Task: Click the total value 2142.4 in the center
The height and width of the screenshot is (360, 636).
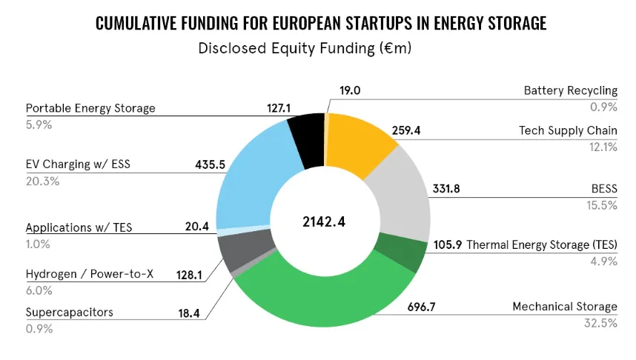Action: (x=323, y=221)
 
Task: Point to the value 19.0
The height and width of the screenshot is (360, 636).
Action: (x=351, y=90)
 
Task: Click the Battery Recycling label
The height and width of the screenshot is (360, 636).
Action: (x=570, y=90)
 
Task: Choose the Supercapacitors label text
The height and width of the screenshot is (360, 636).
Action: (x=70, y=312)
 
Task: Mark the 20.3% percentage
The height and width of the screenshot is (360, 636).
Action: (x=42, y=181)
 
